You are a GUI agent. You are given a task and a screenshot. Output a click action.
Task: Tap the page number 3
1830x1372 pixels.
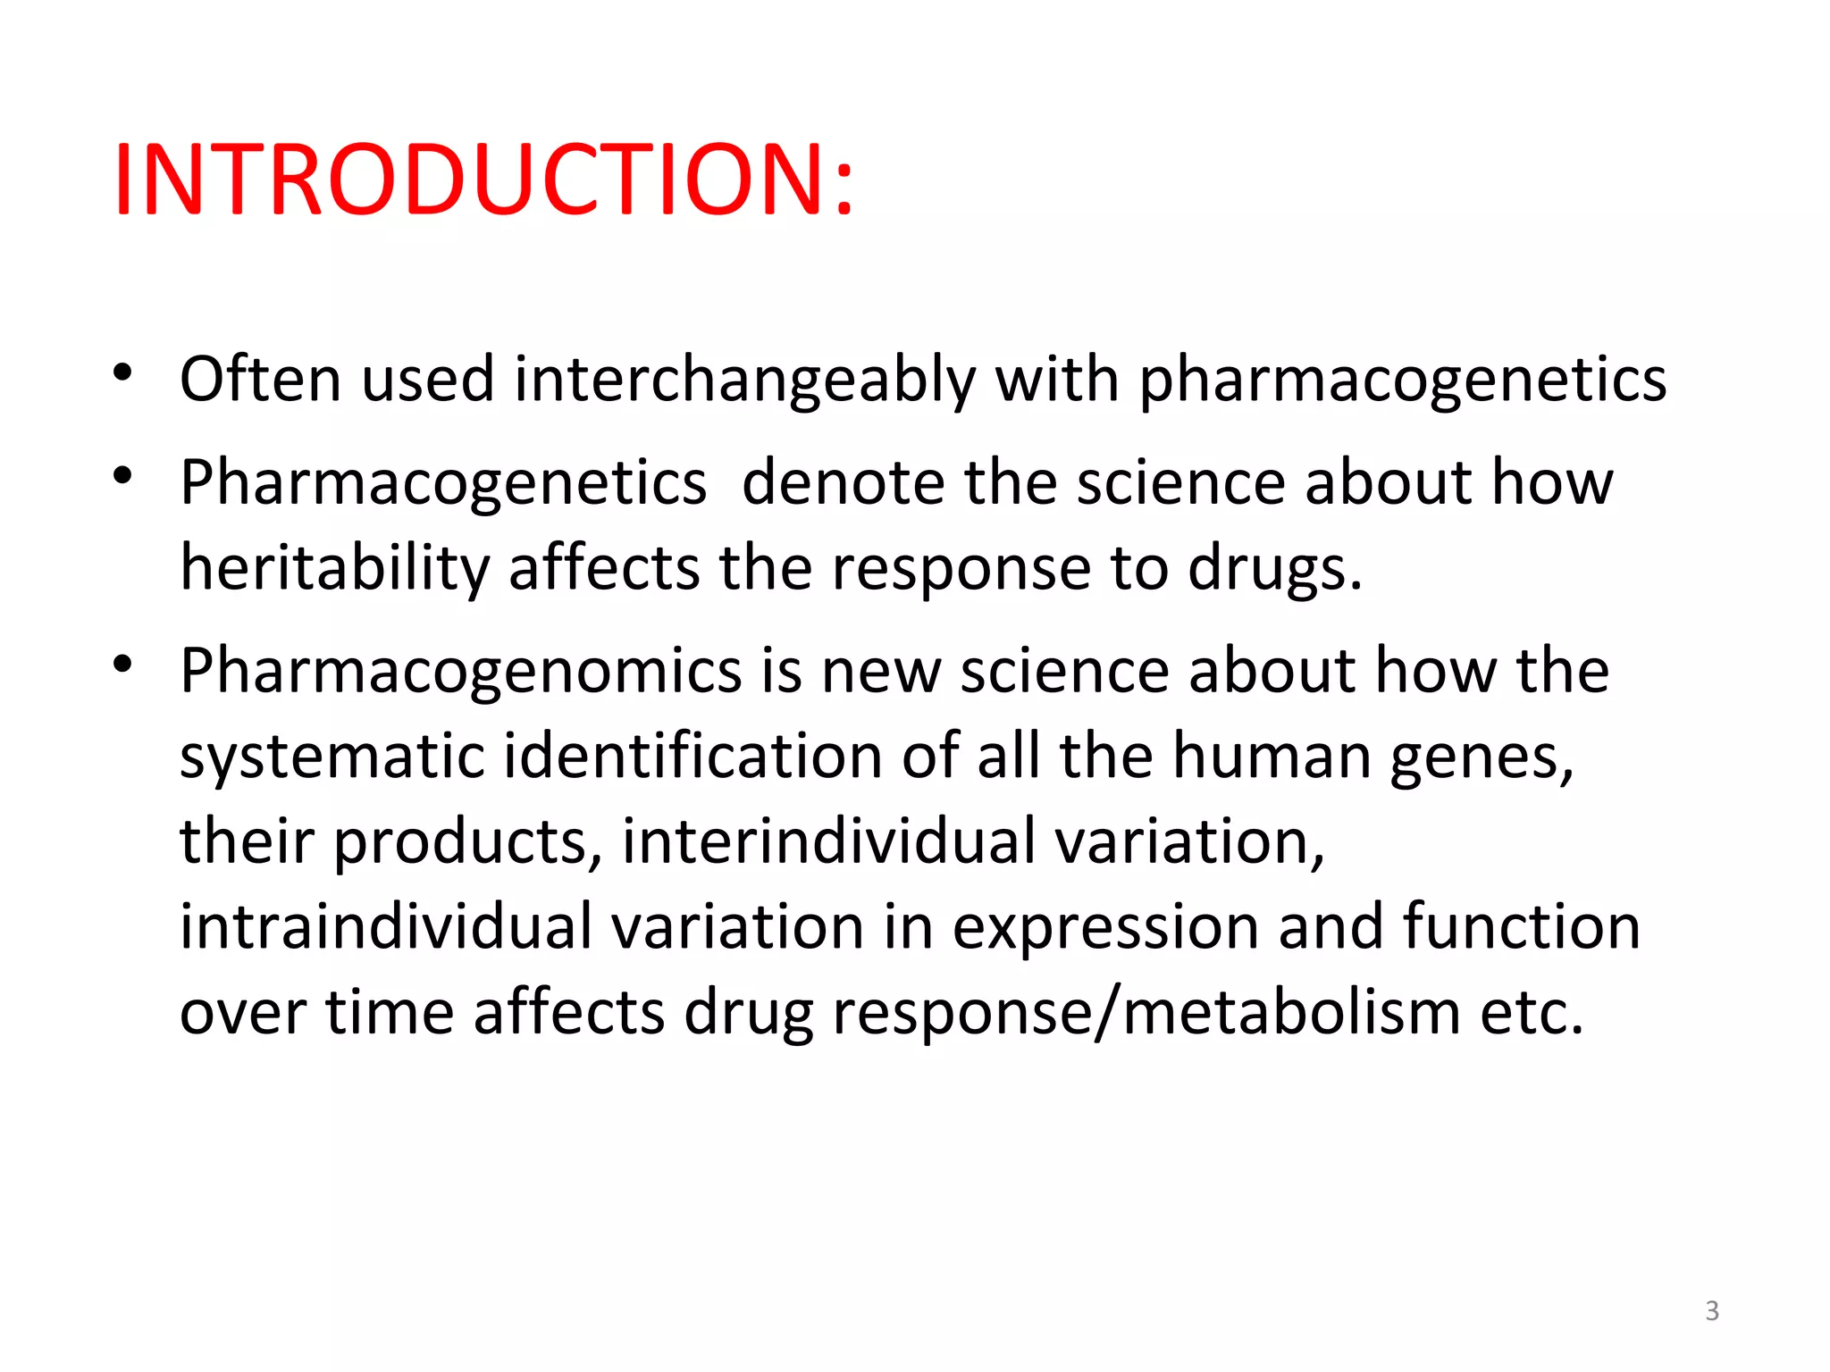pyautogui.click(x=1711, y=1310)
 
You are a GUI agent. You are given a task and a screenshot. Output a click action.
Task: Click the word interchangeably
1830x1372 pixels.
pyautogui.click(x=744, y=381)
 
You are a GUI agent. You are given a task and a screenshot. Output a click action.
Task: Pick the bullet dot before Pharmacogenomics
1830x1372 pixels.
pyautogui.click(x=123, y=664)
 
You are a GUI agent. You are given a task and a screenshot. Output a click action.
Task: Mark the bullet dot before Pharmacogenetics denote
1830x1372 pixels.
pyautogui.click(x=123, y=475)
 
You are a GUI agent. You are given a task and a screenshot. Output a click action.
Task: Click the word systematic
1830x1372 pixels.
pyautogui.click(x=332, y=757)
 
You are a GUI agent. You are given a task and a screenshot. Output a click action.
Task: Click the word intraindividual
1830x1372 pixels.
pyautogui.click(x=385, y=926)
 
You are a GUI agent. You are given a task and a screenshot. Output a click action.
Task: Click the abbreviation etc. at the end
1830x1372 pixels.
pyautogui.click(x=1532, y=1013)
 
